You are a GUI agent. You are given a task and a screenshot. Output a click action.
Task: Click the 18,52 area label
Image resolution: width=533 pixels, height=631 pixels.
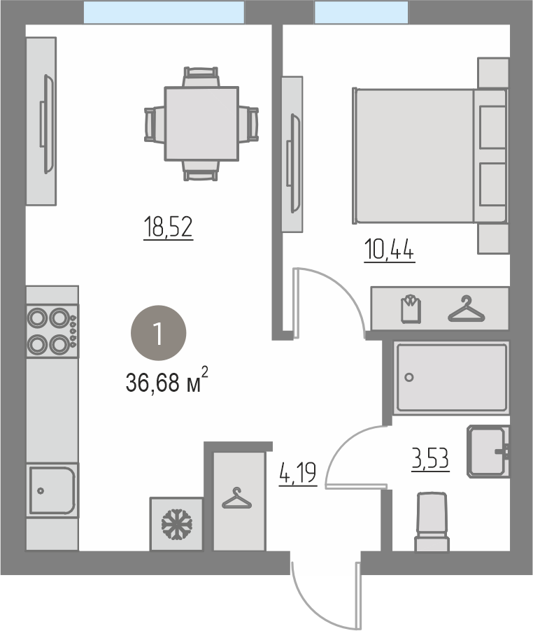point(168,227)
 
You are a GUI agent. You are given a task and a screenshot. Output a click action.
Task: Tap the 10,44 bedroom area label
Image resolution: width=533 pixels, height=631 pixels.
point(390,250)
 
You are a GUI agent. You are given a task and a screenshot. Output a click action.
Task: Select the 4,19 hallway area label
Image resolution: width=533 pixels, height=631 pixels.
point(298,474)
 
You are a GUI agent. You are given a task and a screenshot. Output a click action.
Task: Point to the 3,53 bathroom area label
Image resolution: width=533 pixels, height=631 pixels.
point(430,459)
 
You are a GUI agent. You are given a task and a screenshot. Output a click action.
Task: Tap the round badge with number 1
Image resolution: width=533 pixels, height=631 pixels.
point(159,333)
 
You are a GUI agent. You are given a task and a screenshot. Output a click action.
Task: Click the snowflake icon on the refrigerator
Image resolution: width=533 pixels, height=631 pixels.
point(176,524)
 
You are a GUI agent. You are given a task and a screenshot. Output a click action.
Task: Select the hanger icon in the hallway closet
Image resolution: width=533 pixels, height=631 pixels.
point(237,498)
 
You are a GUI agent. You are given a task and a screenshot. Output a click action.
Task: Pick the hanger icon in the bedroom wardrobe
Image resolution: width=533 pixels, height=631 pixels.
point(467,309)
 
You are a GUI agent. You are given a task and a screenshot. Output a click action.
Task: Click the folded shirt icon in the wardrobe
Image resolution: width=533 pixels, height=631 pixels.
point(411,309)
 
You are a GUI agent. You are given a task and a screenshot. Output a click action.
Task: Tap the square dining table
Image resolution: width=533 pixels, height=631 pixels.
point(201,124)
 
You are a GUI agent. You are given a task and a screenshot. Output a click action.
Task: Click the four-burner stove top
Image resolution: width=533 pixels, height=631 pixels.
point(52,331)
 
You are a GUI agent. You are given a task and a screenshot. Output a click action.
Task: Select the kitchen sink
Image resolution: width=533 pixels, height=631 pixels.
point(52,490)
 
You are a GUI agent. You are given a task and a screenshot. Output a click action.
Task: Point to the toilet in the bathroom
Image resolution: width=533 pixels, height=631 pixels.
point(432,522)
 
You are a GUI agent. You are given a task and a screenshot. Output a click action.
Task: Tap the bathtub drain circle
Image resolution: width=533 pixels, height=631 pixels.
point(409,378)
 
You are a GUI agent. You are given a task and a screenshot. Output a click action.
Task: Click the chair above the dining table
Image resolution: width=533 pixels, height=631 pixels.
point(201,76)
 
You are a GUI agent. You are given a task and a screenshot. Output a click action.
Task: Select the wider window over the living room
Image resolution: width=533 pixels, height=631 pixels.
point(164,12)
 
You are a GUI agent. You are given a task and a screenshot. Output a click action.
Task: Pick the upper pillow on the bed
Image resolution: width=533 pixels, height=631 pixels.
point(492,127)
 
